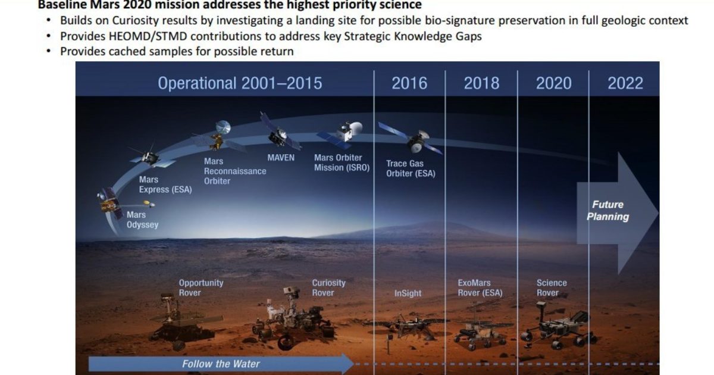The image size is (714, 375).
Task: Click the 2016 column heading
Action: point(409,83)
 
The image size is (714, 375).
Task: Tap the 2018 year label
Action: point(481,83)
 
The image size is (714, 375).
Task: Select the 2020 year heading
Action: point(554,83)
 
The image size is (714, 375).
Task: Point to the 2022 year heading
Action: point(625,83)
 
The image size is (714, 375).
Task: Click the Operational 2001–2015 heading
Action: point(240,83)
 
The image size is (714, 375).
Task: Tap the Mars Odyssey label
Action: point(142,220)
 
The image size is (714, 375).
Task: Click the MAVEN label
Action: point(281,158)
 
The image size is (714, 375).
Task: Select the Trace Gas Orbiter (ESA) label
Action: point(411,168)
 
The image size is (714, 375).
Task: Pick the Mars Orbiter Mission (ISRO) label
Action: point(342,162)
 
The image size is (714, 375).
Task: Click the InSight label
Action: point(408,293)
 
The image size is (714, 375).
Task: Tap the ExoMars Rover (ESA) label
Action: point(480,288)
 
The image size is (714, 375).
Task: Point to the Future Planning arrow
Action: point(617,213)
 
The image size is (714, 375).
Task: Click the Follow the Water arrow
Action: point(221,364)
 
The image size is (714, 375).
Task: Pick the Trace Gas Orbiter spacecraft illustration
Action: point(413,140)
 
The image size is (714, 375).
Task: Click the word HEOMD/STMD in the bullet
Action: point(148,37)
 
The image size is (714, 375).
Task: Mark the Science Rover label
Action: point(552,288)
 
